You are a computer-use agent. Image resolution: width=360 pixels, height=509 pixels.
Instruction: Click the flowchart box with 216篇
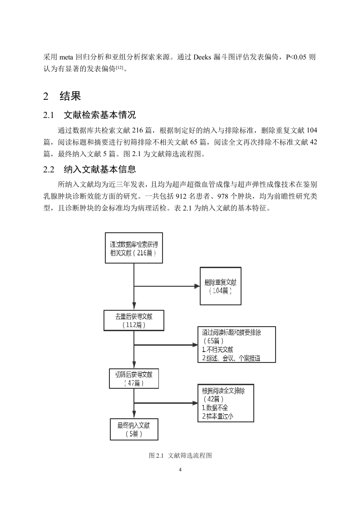[134, 248]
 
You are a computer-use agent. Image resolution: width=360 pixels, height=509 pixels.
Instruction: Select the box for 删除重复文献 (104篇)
[220, 286]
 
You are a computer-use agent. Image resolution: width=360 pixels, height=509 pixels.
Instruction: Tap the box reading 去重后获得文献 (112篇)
[134, 320]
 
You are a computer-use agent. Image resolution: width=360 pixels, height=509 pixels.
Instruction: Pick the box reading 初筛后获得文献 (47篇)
[134, 378]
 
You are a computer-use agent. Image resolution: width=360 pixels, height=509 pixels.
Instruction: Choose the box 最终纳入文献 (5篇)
[134, 429]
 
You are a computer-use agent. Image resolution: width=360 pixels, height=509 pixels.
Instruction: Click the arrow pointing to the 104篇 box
[167, 286]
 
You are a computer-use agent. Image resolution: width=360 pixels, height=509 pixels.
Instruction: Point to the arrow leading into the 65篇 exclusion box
[166, 344]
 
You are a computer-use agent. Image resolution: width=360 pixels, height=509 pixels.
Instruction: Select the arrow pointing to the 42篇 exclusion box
[166, 403]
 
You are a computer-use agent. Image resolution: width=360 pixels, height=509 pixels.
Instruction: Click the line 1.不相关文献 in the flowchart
[217, 350]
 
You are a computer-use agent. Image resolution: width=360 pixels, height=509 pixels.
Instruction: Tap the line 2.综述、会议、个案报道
[231, 358]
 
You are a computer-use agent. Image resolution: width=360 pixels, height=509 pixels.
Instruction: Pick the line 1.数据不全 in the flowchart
[215, 408]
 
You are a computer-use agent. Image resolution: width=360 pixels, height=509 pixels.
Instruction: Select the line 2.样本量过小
[217, 416]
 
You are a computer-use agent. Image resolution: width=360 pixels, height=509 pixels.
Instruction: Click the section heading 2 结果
[62, 96]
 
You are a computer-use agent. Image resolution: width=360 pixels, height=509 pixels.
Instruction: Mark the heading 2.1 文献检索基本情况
[90, 115]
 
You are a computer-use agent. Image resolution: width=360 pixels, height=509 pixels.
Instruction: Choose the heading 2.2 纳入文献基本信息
[90, 169]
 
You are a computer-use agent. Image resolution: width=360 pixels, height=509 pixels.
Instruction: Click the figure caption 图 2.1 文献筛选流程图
[180, 455]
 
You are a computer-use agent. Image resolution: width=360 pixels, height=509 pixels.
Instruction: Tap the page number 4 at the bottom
[180, 470]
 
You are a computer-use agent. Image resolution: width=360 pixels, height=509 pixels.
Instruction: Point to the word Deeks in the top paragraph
[202, 57]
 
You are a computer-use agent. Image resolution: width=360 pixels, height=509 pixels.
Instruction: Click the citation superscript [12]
[119, 67]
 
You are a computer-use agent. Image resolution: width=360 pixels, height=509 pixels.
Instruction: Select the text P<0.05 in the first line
[296, 57]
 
